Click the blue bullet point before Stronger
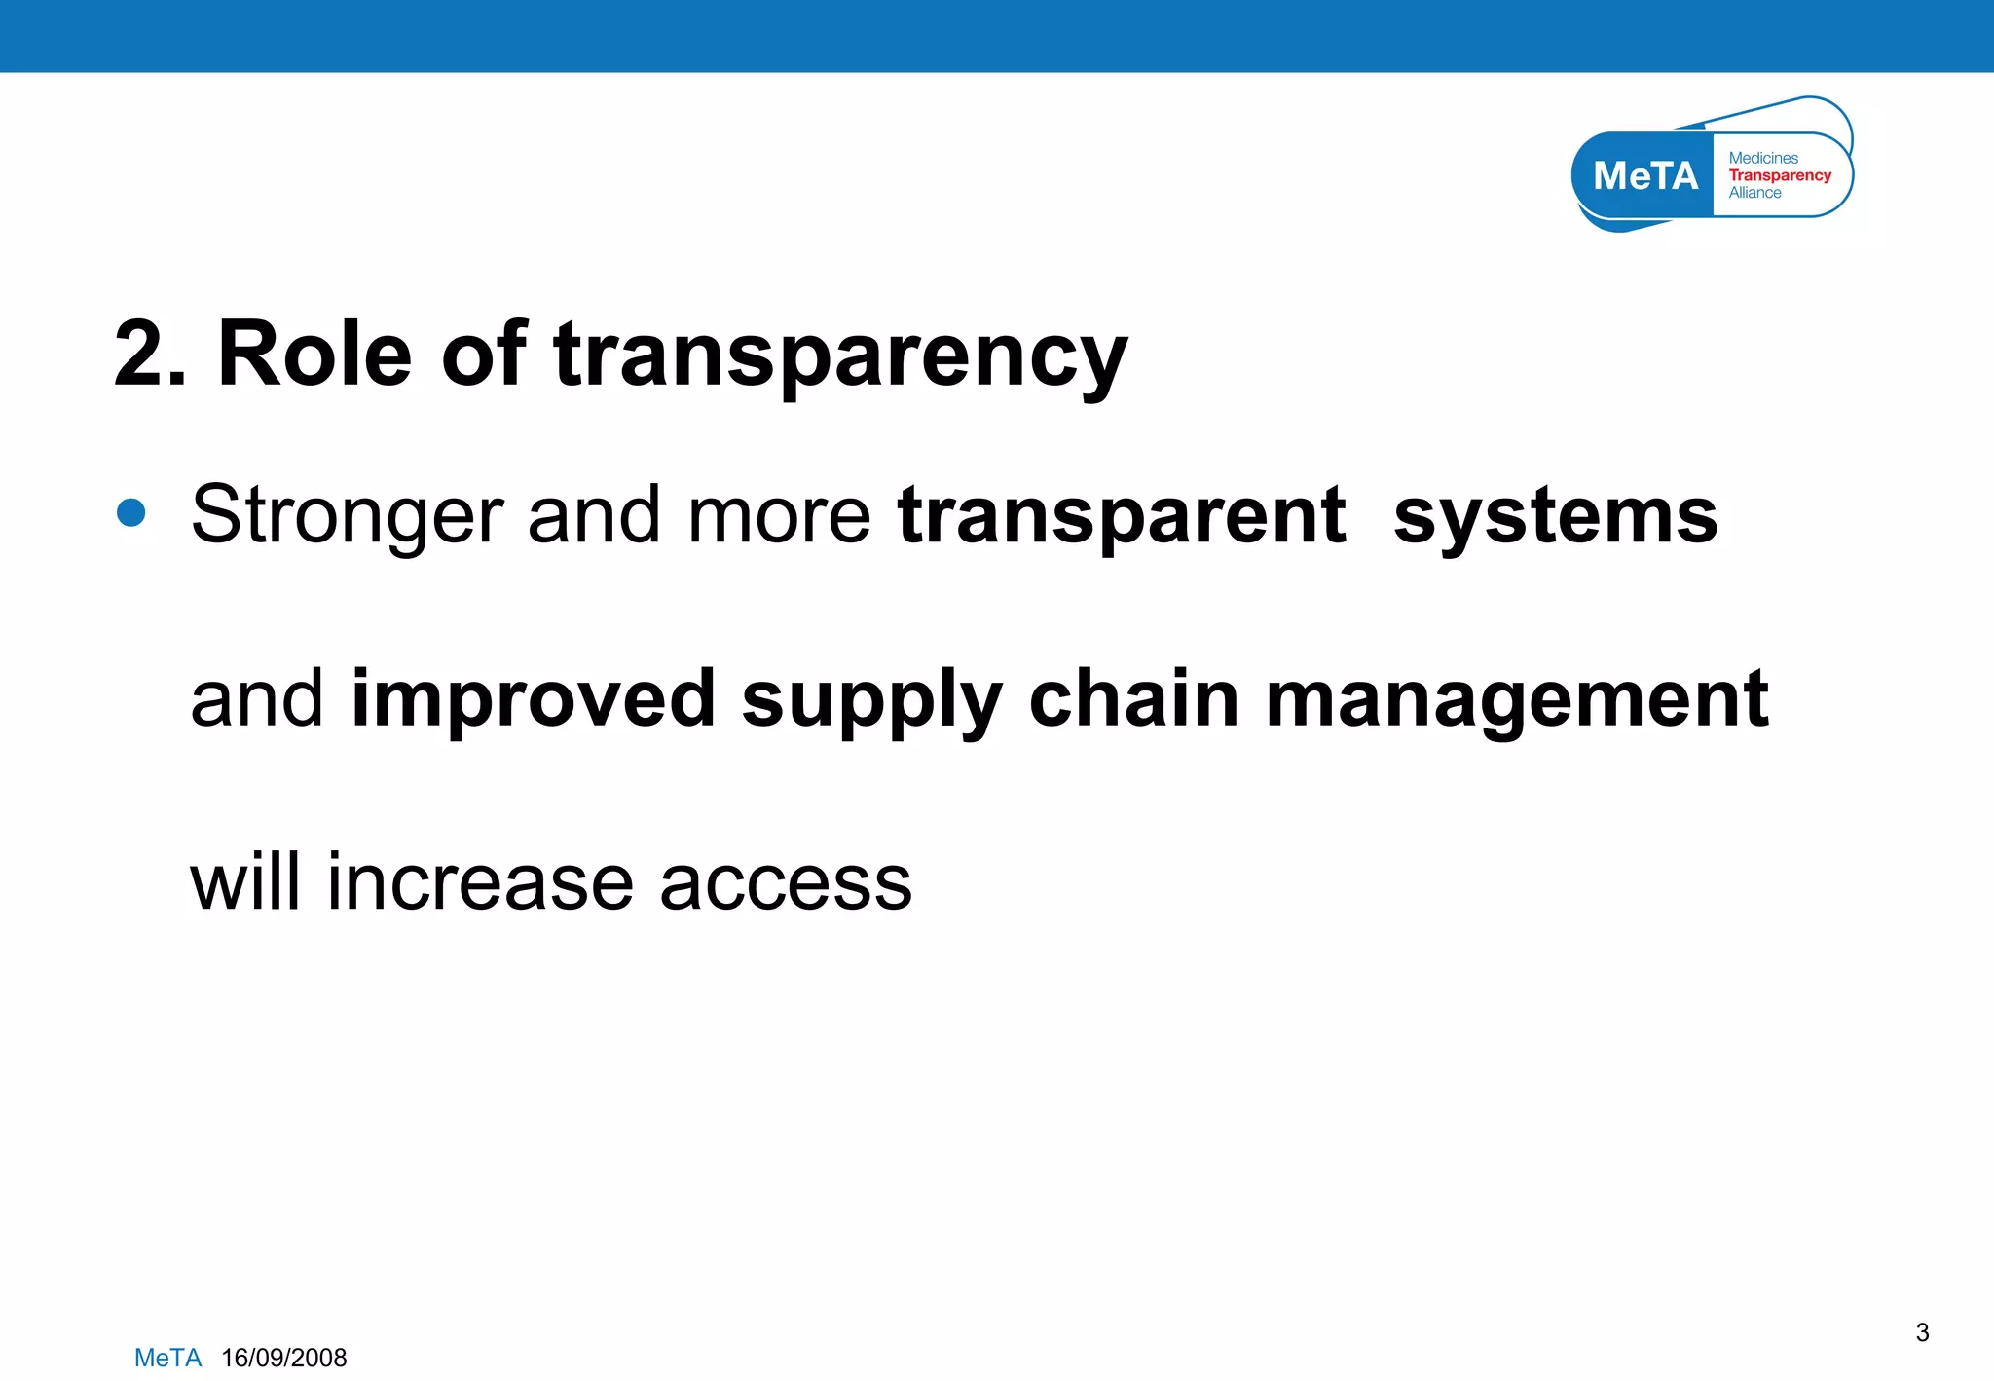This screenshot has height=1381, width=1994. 130,512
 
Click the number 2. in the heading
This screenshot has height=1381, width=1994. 149,355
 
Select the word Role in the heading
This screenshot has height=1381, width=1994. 314,355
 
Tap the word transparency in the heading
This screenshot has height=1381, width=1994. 840,358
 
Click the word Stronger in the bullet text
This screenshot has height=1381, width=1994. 347,516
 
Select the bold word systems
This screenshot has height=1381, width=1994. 1555,518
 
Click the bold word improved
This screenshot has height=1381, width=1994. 534,701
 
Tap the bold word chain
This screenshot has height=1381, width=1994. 1134,699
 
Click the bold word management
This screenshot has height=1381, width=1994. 1516,701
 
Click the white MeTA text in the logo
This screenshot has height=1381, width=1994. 1644,176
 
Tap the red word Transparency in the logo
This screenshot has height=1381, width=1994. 1779,175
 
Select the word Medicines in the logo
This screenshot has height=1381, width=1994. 1763,158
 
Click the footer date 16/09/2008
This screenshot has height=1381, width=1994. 283,1358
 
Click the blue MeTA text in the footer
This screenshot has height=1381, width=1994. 167,1358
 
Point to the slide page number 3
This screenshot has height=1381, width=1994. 1922,1332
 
